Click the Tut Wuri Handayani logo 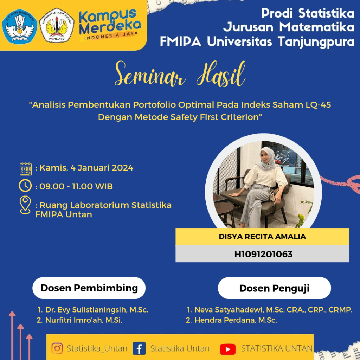coord(20,26)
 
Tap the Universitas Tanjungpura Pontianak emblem coord(57,26)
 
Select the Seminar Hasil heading coord(180,74)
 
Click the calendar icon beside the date coord(26,169)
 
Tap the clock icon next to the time coord(25,186)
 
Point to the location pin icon coord(25,205)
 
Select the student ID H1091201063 coord(263,254)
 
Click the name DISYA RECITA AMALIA coord(262,237)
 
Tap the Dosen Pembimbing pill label coord(89,288)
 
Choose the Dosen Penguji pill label coord(274,288)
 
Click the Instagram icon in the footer coord(57,348)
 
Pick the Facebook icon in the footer coord(139,348)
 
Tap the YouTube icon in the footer coord(228,349)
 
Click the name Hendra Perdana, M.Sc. coord(236,320)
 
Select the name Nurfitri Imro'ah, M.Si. coord(84,320)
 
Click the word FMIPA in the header coord(180,41)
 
